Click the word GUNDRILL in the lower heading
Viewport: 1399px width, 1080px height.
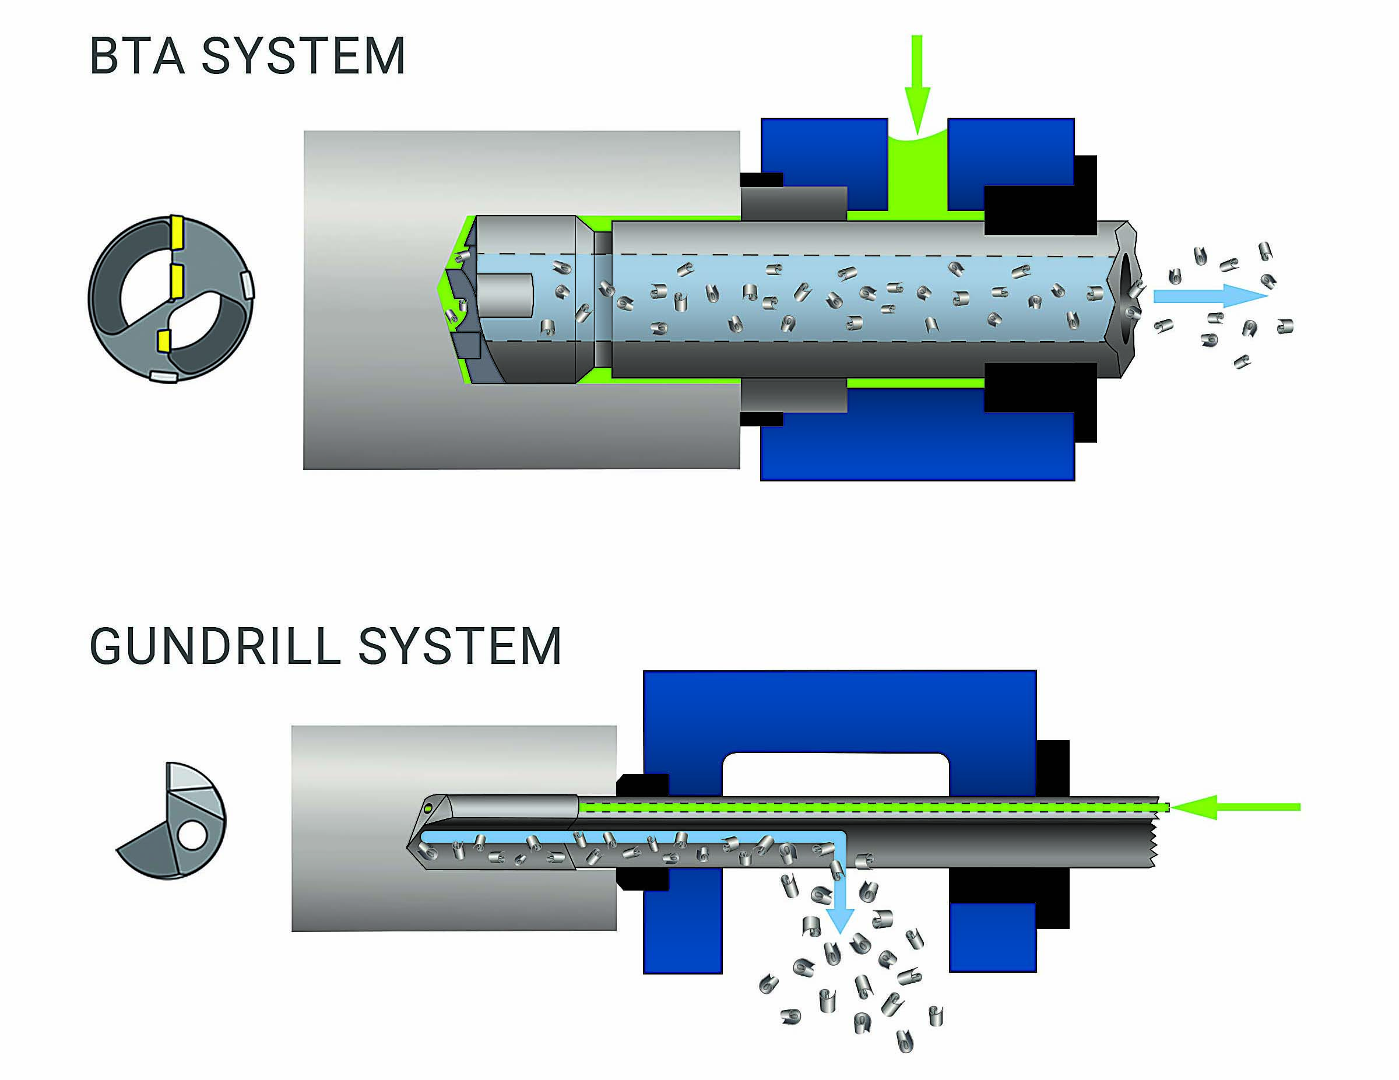point(215,646)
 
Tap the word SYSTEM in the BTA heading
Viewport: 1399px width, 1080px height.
point(303,57)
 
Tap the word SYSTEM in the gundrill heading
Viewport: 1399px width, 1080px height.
point(459,646)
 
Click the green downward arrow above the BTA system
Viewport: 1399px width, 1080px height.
point(917,83)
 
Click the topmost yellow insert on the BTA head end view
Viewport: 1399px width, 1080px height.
point(177,233)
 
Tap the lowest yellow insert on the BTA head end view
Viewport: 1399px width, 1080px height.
point(164,341)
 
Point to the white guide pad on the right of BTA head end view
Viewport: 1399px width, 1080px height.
point(247,286)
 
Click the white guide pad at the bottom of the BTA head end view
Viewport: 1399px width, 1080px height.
point(163,377)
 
